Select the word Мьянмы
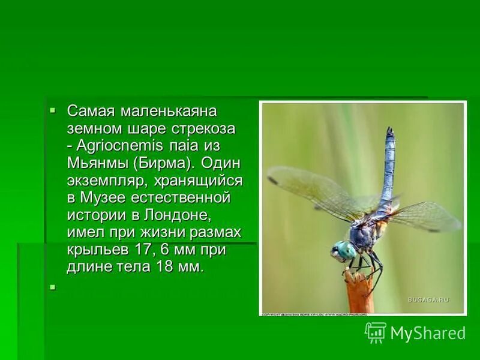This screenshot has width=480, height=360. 97,163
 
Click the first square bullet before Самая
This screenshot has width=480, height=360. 53,110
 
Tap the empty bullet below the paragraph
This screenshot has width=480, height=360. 53,287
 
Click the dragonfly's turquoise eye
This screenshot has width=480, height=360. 344,250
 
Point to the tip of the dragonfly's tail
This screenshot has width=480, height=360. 390,130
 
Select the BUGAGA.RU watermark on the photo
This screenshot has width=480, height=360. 428,299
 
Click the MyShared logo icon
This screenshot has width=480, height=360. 376,332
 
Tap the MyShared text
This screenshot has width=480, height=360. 428,333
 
